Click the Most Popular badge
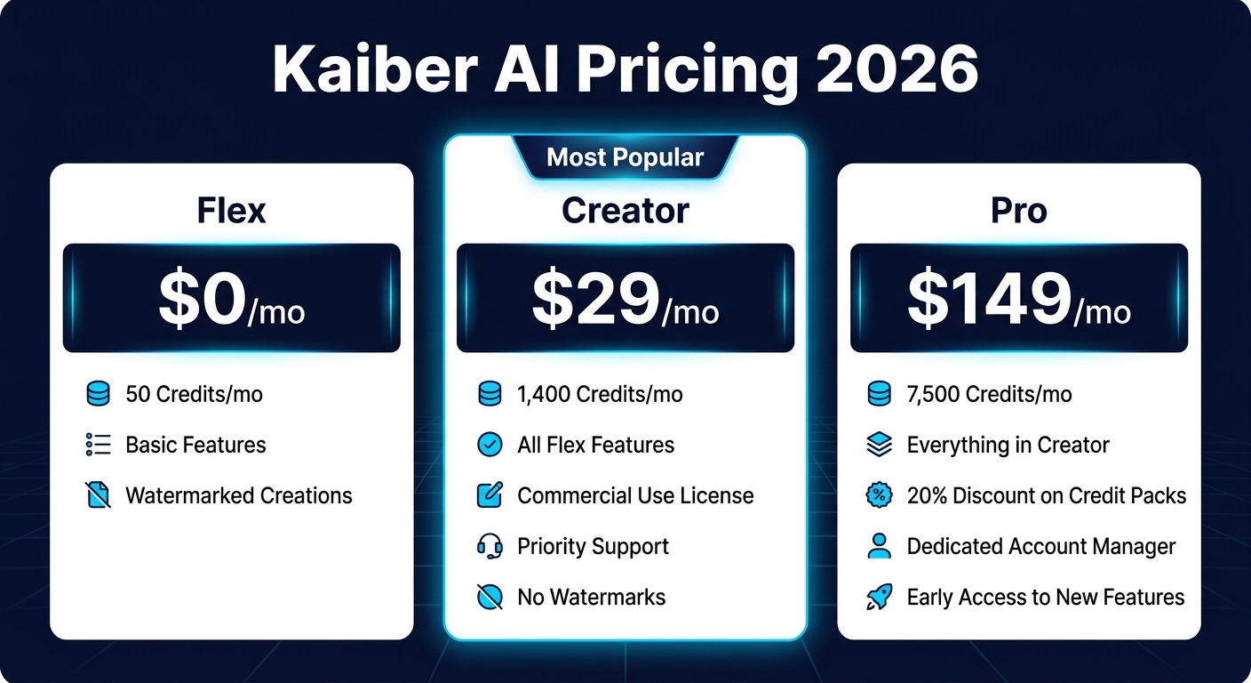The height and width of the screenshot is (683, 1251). (625, 158)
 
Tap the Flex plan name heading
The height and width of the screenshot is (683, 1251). (231, 211)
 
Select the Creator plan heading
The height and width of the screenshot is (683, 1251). (625, 211)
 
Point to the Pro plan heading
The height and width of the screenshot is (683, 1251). (1018, 211)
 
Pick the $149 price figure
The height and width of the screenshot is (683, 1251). (989, 300)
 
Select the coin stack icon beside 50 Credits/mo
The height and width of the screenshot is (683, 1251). (98, 394)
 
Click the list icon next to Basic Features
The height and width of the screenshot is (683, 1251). (98, 445)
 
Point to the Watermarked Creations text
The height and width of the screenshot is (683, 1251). (239, 495)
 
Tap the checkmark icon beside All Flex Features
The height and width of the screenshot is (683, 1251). (490, 445)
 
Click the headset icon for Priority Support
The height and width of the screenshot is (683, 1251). (490, 546)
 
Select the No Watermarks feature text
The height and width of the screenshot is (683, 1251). (591, 597)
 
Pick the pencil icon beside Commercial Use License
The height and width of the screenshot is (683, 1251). (490, 495)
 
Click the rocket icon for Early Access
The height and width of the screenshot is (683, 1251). (879, 597)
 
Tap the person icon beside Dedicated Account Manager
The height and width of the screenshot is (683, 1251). (879, 546)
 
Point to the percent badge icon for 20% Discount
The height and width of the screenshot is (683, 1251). (879, 495)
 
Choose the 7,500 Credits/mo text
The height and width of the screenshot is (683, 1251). (989, 394)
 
